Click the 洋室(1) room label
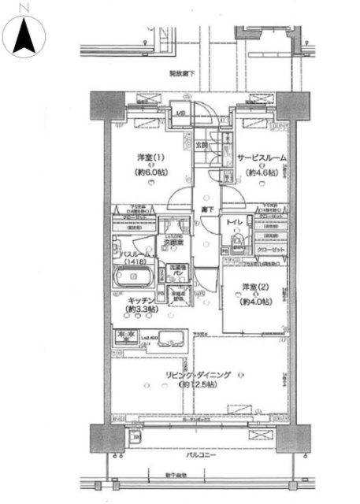pyautogui.click(x=144, y=158)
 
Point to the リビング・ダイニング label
pyautogui.click(x=197, y=376)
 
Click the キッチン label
pyautogui.click(x=140, y=300)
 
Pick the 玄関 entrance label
pyautogui.click(x=201, y=145)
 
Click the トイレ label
pyautogui.click(x=234, y=223)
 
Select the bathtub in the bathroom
pyautogui.click(x=132, y=279)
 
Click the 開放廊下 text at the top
pyautogui.click(x=182, y=74)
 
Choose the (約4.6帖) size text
pyautogui.click(x=262, y=172)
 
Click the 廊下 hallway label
pyautogui.click(x=202, y=209)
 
